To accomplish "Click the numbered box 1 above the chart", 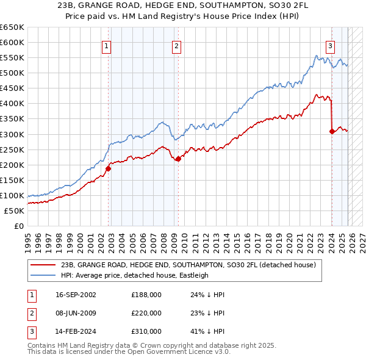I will point(107,45).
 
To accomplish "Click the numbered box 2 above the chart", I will point(176,45).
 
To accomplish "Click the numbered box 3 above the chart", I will point(330,45).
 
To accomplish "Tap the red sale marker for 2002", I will point(108,168).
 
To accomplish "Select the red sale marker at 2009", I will point(178,159).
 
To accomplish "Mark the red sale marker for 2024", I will point(332,131).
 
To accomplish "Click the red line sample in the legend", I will point(44,265).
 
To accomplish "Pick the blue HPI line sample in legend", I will point(44,275).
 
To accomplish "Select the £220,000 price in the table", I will point(146,313).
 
